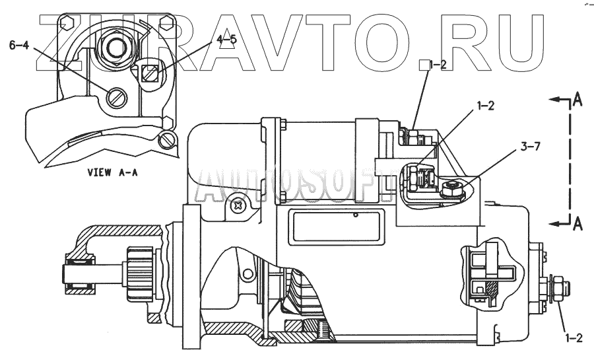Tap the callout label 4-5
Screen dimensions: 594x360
tap(226, 39)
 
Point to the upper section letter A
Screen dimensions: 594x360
tap(577, 99)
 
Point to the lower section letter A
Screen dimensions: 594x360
tap(577, 224)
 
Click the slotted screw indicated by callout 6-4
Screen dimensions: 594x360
tap(115, 99)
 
